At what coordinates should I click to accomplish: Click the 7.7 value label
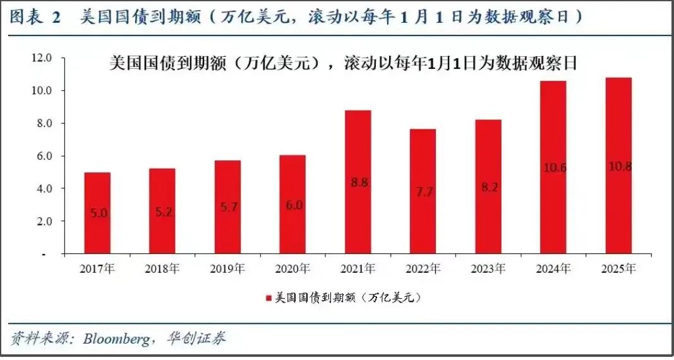point(423,192)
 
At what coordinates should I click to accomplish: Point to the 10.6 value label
point(553,167)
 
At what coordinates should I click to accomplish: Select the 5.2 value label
point(162,213)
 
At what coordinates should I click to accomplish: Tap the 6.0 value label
point(292,205)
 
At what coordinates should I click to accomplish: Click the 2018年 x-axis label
point(162,269)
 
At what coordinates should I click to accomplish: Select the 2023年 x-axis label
point(488,269)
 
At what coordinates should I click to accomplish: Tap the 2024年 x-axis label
point(553,269)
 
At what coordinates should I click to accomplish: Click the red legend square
point(268,297)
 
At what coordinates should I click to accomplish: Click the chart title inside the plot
point(344,64)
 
